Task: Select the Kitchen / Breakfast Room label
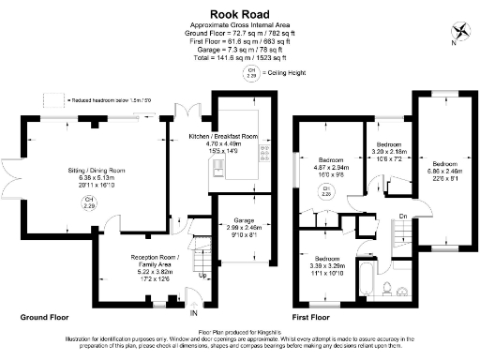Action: click(223, 142)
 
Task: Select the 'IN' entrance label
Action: click(194, 313)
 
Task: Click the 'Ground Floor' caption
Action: click(48, 318)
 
